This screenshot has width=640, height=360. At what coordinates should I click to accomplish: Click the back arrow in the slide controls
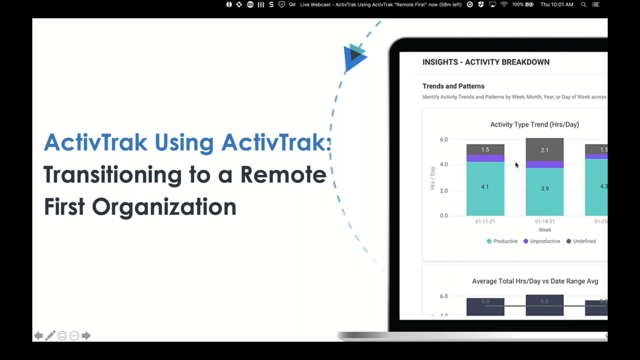pos(38,336)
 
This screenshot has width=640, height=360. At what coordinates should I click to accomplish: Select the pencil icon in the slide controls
pos(50,336)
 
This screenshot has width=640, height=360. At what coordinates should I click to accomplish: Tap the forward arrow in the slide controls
pos(86,336)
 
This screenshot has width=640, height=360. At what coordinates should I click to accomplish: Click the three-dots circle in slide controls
pos(74,336)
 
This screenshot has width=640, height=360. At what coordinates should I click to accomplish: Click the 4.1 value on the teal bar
pos(485,187)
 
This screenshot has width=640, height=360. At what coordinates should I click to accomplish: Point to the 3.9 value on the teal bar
pos(544,188)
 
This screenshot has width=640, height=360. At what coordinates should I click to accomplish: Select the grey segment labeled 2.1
pos(544,150)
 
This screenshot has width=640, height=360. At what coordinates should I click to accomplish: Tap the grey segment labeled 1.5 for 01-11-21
pos(485,150)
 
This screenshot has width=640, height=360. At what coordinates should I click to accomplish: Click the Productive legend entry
pos(504,241)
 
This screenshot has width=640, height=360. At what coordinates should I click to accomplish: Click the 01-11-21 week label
pos(485,222)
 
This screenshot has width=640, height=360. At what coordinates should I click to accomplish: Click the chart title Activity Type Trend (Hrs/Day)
pos(534,125)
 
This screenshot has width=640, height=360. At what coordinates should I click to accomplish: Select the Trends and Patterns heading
pos(453,86)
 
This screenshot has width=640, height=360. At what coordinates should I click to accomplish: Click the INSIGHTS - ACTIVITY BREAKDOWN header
pos(485,62)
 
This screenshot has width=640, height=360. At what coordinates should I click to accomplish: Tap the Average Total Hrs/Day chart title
pos(534,281)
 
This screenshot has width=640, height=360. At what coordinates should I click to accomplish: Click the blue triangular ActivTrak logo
pos(355,57)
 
